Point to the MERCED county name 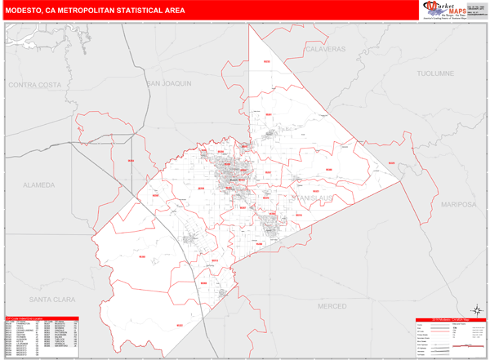click(x=332, y=304)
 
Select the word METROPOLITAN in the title click(x=96, y=11)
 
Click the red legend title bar click(x=450, y=318)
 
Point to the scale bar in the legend click(x=469, y=346)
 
